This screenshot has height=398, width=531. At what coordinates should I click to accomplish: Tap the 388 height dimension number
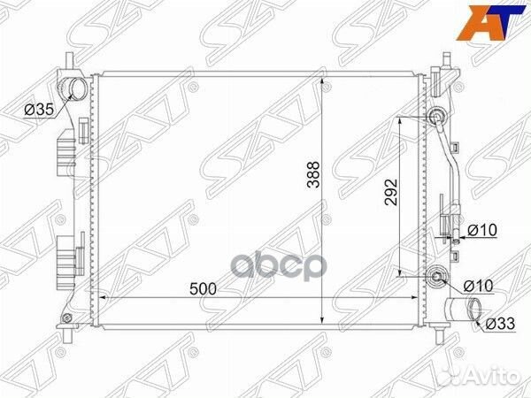click(314, 174)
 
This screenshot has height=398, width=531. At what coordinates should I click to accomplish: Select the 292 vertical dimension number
click(391, 192)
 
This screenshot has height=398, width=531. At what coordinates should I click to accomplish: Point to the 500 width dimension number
click(203, 289)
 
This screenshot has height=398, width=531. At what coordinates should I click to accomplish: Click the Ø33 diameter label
click(501, 324)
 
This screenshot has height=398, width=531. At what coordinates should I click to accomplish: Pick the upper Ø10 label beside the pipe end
click(482, 230)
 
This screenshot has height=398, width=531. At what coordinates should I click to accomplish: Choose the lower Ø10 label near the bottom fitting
click(478, 286)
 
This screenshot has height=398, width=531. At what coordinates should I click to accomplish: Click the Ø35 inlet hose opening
click(77, 88)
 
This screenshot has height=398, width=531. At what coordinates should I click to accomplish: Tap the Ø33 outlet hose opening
click(474, 310)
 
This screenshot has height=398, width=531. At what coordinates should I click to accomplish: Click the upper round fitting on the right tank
click(437, 117)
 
